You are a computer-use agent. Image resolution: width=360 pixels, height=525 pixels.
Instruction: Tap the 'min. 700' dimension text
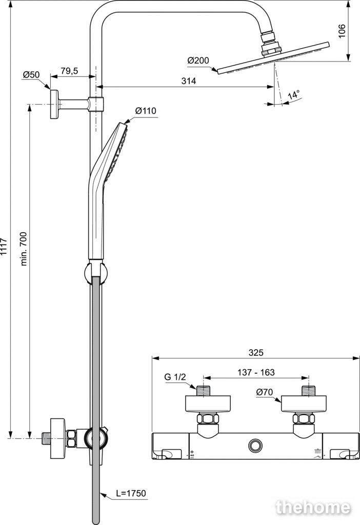tap(24, 244)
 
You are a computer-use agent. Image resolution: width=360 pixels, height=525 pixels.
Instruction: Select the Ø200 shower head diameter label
tap(198, 60)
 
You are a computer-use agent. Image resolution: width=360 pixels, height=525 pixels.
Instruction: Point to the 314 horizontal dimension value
tap(189, 80)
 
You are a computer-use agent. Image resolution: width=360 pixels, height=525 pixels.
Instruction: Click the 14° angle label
tap(293, 94)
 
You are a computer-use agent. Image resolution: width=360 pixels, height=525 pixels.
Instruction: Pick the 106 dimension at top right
tap(342, 31)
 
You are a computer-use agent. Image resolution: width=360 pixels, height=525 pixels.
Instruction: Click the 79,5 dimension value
tap(69, 71)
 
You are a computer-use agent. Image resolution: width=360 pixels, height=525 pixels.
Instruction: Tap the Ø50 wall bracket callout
tap(31, 75)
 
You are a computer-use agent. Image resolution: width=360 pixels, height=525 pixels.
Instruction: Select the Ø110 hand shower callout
tap(146, 111)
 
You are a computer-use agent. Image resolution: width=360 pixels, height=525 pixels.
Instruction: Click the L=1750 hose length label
tap(131, 493)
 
